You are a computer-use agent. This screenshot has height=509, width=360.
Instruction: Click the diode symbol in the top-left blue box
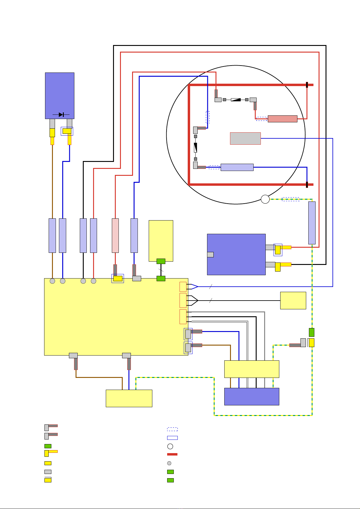(x=61, y=115)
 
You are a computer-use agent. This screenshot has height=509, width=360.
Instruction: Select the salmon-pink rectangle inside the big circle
(x=282, y=119)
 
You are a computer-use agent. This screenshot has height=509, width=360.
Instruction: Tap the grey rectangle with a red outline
(x=245, y=138)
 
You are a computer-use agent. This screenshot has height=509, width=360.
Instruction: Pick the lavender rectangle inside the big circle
(x=237, y=167)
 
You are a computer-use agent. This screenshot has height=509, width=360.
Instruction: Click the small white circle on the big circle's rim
(x=265, y=199)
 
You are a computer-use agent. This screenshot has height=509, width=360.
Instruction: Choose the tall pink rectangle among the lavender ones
(x=115, y=236)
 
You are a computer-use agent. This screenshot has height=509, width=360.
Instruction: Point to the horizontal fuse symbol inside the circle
(x=236, y=99)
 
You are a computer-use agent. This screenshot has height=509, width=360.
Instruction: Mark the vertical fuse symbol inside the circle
(x=196, y=147)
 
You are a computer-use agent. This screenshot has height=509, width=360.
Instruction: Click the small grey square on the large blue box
(x=210, y=254)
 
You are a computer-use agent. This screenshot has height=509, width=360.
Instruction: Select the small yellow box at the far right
(x=293, y=301)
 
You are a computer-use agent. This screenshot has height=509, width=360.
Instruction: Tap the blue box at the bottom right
(x=251, y=396)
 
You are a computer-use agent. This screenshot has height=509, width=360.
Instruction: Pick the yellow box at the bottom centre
(x=129, y=398)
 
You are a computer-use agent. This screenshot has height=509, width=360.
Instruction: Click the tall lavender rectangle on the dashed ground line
(x=312, y=223)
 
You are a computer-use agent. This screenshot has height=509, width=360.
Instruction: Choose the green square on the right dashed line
(x=312, y=332)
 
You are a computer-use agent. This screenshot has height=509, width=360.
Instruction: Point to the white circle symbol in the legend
(x=170, y=446)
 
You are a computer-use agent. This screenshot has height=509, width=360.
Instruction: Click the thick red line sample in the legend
(x=172, y=454)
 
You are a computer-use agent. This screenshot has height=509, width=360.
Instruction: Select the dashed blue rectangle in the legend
(x=172, y=429)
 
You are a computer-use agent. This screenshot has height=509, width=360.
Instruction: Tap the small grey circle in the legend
(x=169, y=463)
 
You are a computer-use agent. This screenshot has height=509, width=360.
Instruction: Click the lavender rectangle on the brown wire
(x=52, y=236)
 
